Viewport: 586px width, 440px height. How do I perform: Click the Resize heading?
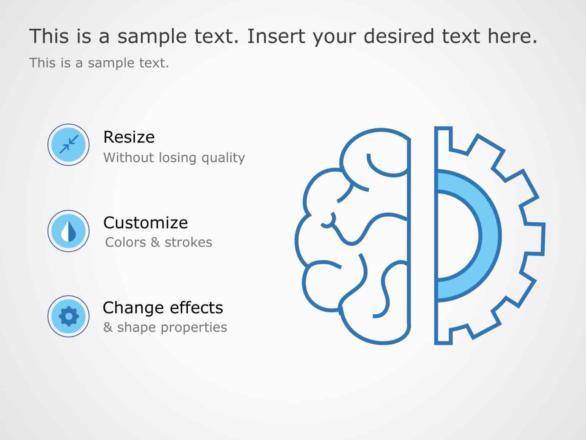[x=129, y=137]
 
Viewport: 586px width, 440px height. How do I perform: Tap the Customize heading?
[x=145, y=223]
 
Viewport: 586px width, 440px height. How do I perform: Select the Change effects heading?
[x=163, y=307]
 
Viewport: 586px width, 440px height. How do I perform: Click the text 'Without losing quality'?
[x=174, y=157]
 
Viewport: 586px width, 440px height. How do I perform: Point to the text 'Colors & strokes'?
[x=159, y=242]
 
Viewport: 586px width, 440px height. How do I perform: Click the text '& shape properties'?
[x=165, y=327]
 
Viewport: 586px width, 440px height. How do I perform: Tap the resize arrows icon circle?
[x=69, y=145]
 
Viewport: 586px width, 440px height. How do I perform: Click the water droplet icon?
[x=69, y=231]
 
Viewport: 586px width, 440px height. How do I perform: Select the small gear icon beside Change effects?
[x=69, y=316]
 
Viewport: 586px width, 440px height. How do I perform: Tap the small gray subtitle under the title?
[x=99, y=63]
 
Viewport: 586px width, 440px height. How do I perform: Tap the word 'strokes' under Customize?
[x=188, y=242]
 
